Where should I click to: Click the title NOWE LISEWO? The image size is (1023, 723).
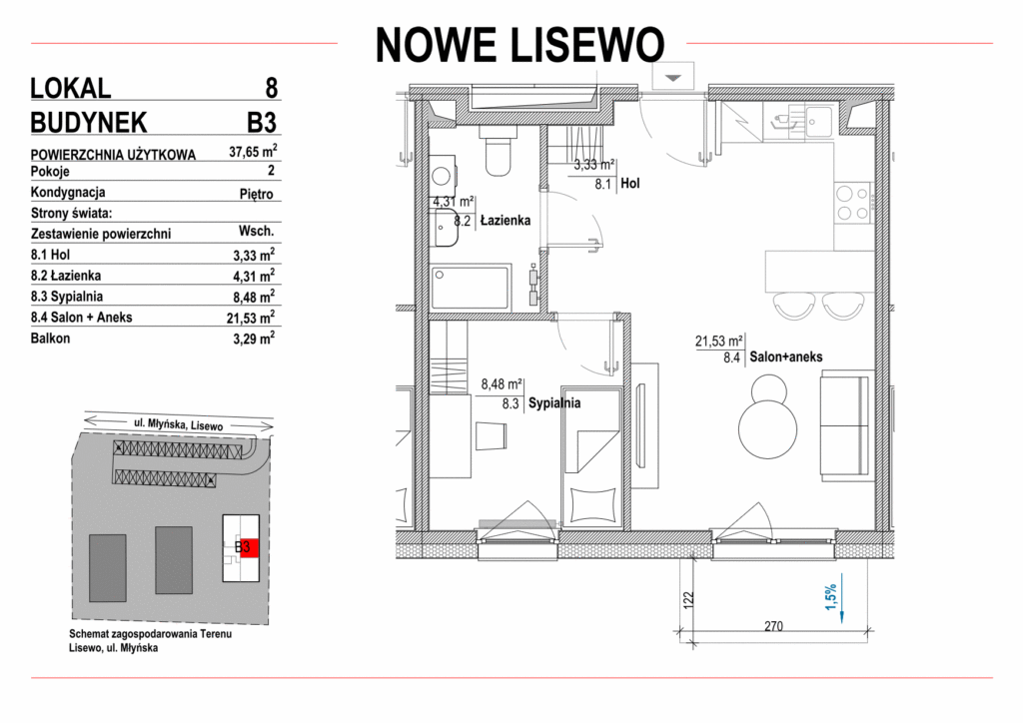tap(519, 45)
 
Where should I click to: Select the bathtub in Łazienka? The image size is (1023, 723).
tap(470, 287)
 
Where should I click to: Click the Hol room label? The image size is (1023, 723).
tap(629, 184)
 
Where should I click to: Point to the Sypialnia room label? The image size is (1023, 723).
tap(553, 402)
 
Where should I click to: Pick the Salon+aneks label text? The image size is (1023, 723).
tap(785, 357)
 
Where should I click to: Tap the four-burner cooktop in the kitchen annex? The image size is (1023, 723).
tap(853, 203)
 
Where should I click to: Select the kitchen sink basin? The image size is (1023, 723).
tap(819, 122)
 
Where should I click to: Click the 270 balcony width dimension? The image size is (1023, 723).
tap(773, 626)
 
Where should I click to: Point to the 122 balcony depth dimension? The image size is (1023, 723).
tap(689, 599)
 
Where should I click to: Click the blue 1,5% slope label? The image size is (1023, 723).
tap(830, 596)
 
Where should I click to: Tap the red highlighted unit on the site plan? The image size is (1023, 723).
tap(249, 547)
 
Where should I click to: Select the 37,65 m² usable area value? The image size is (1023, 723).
tap(253, 152)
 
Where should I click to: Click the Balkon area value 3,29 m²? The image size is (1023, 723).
tap(254, 339)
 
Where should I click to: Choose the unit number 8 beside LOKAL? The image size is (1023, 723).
tap(272, 88)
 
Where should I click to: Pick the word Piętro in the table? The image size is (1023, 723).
tap(256, 195)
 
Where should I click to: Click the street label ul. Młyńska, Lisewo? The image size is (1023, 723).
tap(178, 424)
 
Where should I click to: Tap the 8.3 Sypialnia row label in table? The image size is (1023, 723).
tap(67, 297)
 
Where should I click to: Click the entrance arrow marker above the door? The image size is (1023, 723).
tap(672, 78)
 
